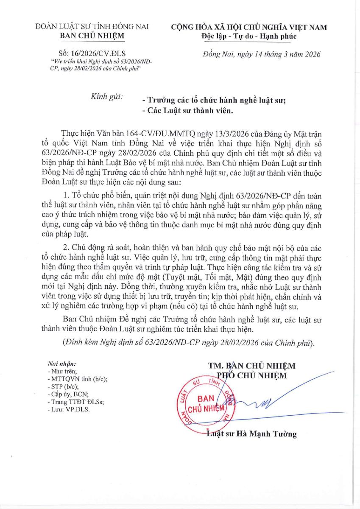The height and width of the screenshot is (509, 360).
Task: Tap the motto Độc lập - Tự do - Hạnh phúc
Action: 249,36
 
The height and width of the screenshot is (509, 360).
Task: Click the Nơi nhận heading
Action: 61,364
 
